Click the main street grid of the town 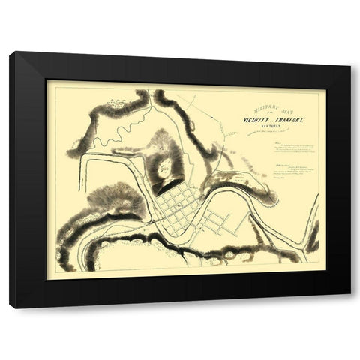178,204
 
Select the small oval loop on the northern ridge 116,101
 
